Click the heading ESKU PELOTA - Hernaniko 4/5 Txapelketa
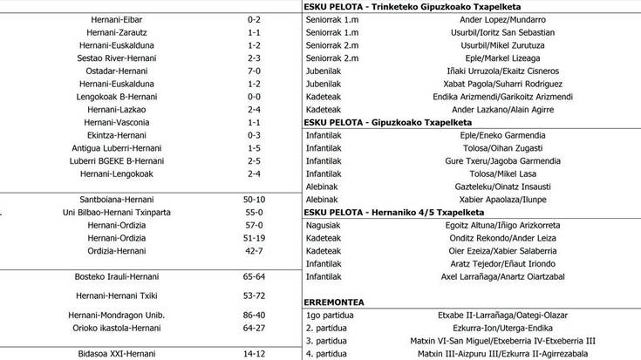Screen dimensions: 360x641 click(x=392, y=212)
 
